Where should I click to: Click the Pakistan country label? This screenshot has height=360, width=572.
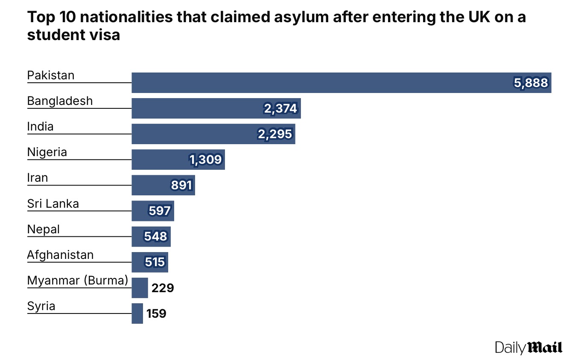coord(50,75)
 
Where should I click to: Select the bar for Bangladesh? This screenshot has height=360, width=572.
coord(216,108)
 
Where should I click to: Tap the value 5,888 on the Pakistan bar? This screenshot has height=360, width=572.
coord(531,83)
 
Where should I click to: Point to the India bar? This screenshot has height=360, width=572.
coord(213,134)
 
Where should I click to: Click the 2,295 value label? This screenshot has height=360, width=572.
coord(275,134)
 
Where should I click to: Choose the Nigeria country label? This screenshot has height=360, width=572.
coord(47,152)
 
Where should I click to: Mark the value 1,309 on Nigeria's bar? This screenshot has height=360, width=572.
coord(205,160)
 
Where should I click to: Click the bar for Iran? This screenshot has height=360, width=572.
coord(163,185)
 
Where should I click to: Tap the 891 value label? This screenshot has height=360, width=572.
coord(182,186)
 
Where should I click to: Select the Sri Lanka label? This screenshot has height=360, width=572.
coord(53,203)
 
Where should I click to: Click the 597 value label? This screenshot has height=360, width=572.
coord(160,211)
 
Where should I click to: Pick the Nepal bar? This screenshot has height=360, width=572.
coord(151,236)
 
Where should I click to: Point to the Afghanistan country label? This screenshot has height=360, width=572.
coord(60,255)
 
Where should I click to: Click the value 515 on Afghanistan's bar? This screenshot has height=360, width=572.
coord(155,262)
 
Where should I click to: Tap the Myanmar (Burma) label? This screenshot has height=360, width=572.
coord(78,281)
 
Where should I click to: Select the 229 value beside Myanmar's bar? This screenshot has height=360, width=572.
coord(163,288)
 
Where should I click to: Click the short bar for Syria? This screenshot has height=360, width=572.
coord(137,313)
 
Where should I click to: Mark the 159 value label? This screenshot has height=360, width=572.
coord(156,314)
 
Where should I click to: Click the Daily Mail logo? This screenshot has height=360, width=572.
coord(528,347)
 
